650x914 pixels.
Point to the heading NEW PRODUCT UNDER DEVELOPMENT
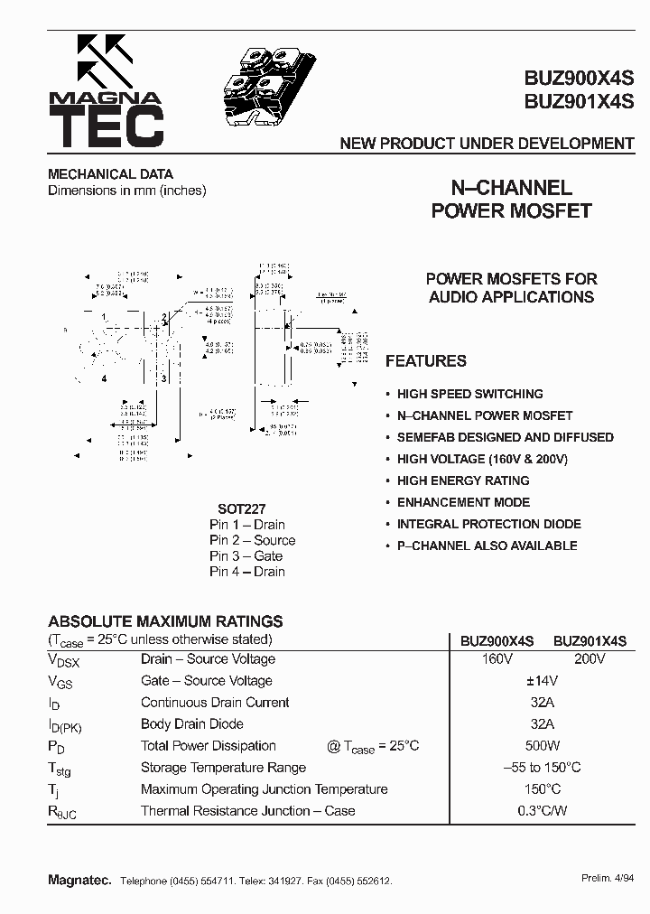[x=487, y=144]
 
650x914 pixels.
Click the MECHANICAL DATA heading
[x=110, y=174]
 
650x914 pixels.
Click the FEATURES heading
[x=426, y=361]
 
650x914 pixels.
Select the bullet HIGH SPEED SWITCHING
[x=469, y=394]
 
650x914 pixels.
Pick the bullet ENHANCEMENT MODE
[x=463, y=502]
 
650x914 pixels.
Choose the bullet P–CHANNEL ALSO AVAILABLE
[x=487, y=546]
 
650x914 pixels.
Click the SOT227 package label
[x=241, y=508]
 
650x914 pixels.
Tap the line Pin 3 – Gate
[x=246, y=556]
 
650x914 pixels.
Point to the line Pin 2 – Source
[x=252, y=540]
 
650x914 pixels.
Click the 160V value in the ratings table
[x=497, y=659]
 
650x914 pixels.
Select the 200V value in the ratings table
[x=590, y=659]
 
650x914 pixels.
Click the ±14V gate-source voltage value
[x=542, y=681]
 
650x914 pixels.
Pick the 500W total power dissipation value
[x=542, y=746]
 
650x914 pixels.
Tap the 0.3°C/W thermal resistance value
[x=542, y=811]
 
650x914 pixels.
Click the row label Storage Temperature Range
[x=223, y=768]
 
